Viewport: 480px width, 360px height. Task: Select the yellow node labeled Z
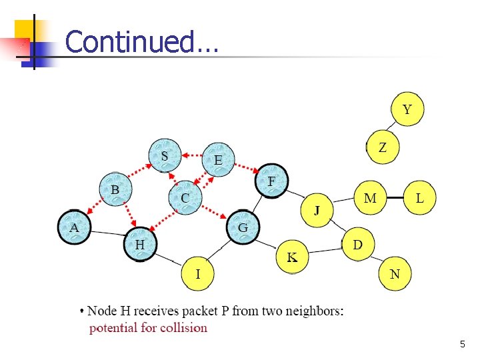click(x=383, y=147)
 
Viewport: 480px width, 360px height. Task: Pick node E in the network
click(x=218, y=160)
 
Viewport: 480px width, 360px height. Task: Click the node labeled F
click(x=271, y=181)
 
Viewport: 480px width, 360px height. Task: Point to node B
click(x=116, y=190)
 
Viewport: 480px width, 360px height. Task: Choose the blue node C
click(x=185, y=198)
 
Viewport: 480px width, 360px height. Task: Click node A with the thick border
click(x=75, y=227)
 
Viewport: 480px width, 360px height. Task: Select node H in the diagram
click(x=140, y=245)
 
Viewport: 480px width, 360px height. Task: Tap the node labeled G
click(x=243, y=227)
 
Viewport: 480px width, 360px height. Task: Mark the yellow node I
click(x=198, y=273)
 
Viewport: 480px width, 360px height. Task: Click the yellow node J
click(x=317, y=211)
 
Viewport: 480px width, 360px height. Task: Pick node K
click(x=293, y=257)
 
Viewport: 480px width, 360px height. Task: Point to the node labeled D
click(x=358, y=245)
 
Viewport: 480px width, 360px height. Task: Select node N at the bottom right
click(x=395, y=274)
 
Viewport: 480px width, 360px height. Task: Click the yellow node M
click(x=370, y=198)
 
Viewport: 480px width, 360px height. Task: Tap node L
click(x=420, y=198)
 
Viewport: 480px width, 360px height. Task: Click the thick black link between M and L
click(x=395, y=198)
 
